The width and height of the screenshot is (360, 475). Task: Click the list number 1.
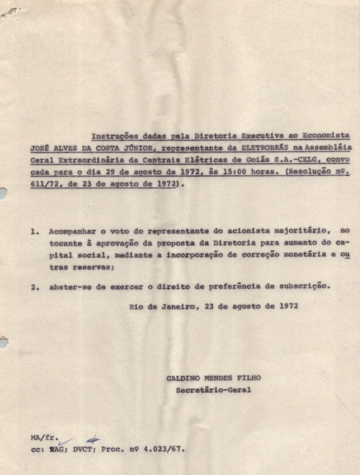point(35,232)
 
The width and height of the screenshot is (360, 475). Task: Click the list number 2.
point(35,287)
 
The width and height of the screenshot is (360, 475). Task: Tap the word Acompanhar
point(71,232)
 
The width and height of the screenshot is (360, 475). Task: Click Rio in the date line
point(136,305)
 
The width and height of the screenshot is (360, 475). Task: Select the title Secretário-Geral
point(213,391)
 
